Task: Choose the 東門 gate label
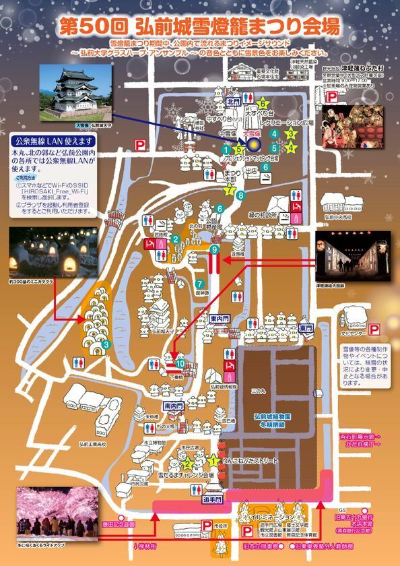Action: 306,327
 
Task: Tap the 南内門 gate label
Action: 172,407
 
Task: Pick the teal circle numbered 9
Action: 214,250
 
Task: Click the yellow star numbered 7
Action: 230,189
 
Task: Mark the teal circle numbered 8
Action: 240,195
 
